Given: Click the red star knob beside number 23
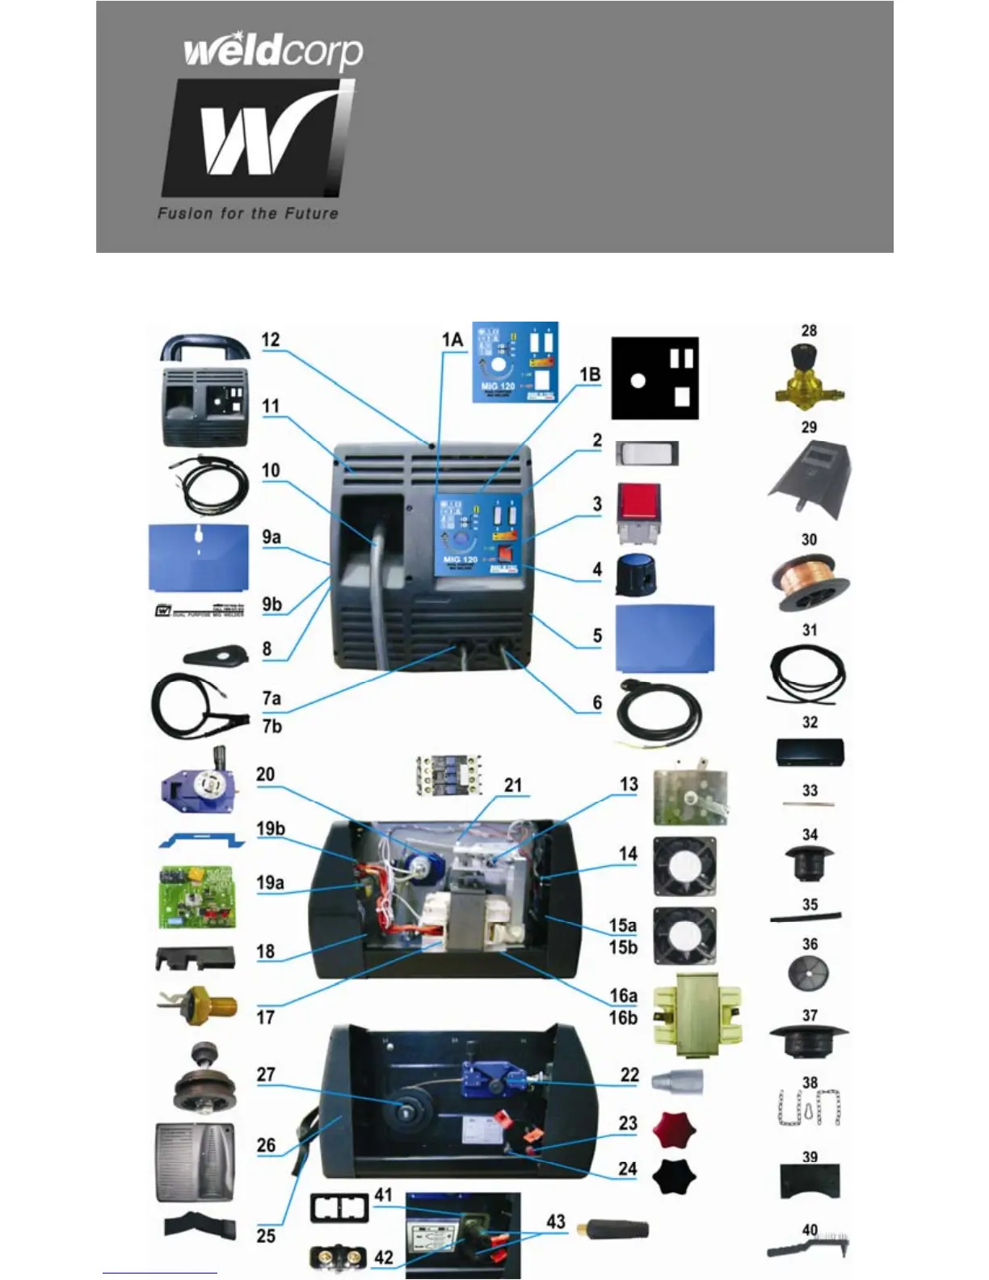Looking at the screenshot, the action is click(674, 1130).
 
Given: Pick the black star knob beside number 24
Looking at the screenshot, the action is click(674, 1176).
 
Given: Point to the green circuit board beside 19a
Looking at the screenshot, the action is click(197, 897).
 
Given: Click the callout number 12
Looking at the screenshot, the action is click(271, 340).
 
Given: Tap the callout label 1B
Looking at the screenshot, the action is click(590, 375).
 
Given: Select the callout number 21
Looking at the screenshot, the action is click(513, 785).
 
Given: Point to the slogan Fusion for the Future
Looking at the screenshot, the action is click(247, 214).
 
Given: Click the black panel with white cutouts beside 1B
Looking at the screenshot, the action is click(654, 378).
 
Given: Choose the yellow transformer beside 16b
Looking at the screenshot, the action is click(697, 1015).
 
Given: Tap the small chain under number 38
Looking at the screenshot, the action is click(810, 1108).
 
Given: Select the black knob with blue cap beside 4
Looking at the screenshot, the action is click(635, 575).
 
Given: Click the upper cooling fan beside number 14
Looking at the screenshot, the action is click(684, 865).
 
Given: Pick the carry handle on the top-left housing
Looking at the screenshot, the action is click(204, 348).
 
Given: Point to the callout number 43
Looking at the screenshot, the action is click(556, 1222).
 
